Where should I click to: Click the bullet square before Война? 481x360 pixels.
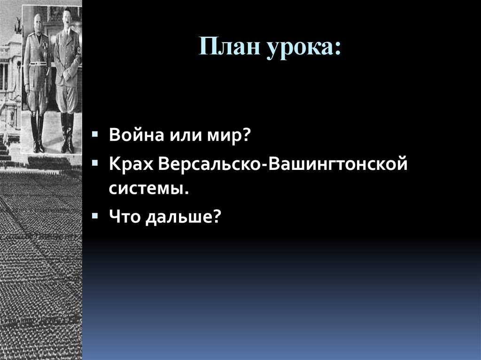tap(95, 134)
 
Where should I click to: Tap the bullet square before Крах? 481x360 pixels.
tap(95, 163)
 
